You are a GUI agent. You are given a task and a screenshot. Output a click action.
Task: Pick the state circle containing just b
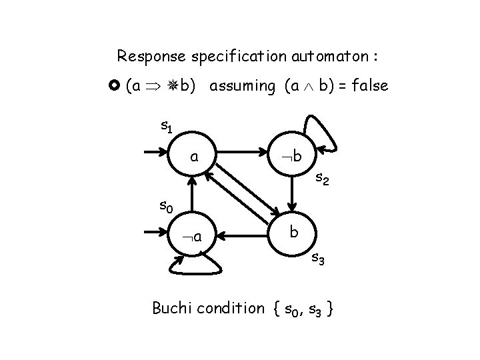(291, 233)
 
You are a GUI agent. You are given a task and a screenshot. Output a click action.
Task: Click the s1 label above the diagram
(167, 125)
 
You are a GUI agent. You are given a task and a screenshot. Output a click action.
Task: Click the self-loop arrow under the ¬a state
(194, 267)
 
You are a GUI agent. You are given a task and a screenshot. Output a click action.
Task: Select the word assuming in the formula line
(241, 85)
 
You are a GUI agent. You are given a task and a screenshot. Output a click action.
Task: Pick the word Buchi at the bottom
(171, 308)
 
